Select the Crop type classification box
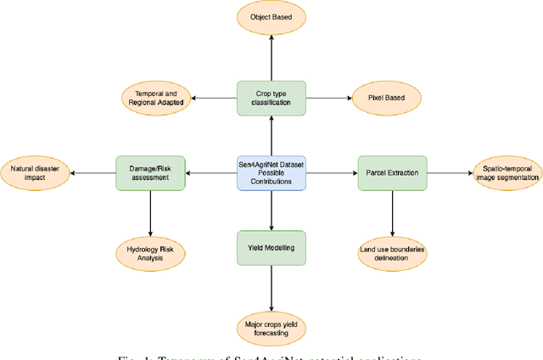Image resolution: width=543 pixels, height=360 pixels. click(x=271, y=98)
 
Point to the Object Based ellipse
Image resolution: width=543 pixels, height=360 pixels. click(x=271, y=16)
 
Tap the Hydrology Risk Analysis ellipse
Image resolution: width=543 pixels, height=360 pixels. click(x=150, y=253)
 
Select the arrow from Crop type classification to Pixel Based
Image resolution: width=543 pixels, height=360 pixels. click(x=327, y=98)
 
